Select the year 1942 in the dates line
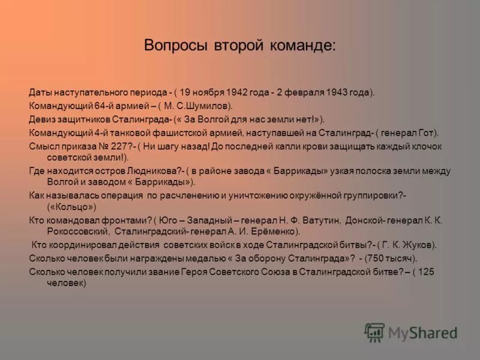[x=238, y=93]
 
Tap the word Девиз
[x=41, y=119]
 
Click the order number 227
[x=116, y=145]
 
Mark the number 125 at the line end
[x=425, y=271]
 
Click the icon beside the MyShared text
[x=374, y=332]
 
